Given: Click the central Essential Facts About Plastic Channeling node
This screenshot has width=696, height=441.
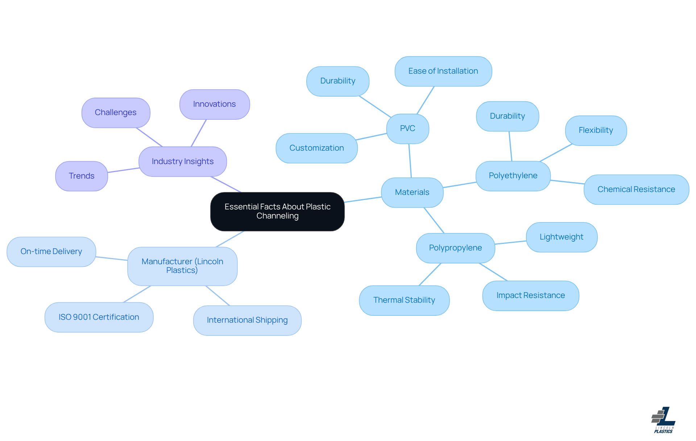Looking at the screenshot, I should click(x=277, y=211).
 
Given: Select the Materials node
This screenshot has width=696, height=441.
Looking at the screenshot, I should click(x=412, y=192).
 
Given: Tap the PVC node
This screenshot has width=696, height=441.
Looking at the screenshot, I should click(x=407, y=128).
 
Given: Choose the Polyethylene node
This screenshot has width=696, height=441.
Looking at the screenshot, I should click(x=513, y=176).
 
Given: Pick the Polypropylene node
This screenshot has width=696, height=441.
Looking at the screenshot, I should click(x=455, y=248).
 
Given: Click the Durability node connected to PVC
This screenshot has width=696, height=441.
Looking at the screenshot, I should click(x=337, y=81).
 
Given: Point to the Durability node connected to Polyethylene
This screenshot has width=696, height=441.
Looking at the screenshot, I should click(x=507, y=116).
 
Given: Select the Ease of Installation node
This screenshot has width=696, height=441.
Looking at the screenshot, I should click(x=443, y=71).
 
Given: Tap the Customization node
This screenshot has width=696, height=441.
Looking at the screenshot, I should click(x=316, y=148).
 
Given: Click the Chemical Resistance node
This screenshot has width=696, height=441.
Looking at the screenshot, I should click(x=636, y=189).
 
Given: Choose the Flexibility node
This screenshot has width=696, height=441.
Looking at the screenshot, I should click(x=596, y=130).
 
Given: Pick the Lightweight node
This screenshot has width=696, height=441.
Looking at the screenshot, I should click(x=561, y=237).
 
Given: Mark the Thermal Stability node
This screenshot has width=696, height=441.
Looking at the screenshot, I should click(x=404, y=300).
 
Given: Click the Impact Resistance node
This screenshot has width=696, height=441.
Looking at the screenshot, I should click(x=530, y=295).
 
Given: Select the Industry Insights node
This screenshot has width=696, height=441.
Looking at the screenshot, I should click(x=183, y=162).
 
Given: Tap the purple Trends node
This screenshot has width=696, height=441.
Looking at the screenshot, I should click(x=82, y=176).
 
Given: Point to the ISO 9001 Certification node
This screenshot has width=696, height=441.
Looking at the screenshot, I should click(x=99, y=317).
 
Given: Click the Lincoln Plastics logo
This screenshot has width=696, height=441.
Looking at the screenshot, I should click(x=663, y=420).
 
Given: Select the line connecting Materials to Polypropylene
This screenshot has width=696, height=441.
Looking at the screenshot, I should click(x=434, y=220).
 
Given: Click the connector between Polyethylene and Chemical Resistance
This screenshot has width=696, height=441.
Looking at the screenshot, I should click(x=567, y=182).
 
